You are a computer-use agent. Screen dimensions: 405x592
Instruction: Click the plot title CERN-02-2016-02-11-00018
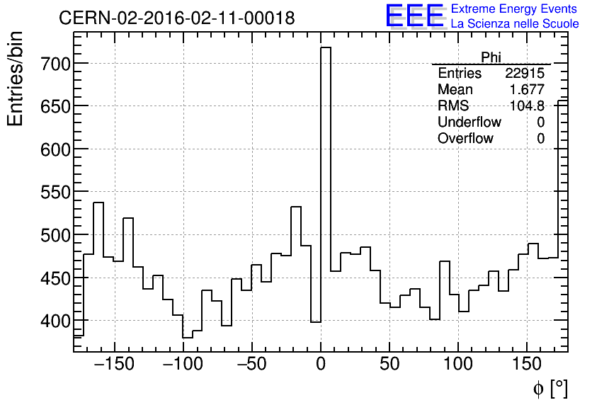[x=177, y=18]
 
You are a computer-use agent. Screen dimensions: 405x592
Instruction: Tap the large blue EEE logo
[x=414, y=16]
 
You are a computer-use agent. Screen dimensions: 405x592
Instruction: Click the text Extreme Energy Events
[x=514, y=8]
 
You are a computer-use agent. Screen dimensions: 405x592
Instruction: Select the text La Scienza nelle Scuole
[x=515, y=23]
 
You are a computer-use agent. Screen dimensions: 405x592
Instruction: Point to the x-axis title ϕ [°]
[x=550, y=388]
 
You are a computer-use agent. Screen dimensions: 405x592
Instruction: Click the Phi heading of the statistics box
[x=491, y=57]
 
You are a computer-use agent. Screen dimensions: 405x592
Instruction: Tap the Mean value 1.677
[x=528, y=90]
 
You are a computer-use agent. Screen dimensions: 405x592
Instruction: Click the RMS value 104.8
[x=528, y=106]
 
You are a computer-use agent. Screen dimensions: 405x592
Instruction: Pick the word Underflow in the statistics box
[x=469, y=122]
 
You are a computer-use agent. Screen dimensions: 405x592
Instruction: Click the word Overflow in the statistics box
[x=465, y=139]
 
